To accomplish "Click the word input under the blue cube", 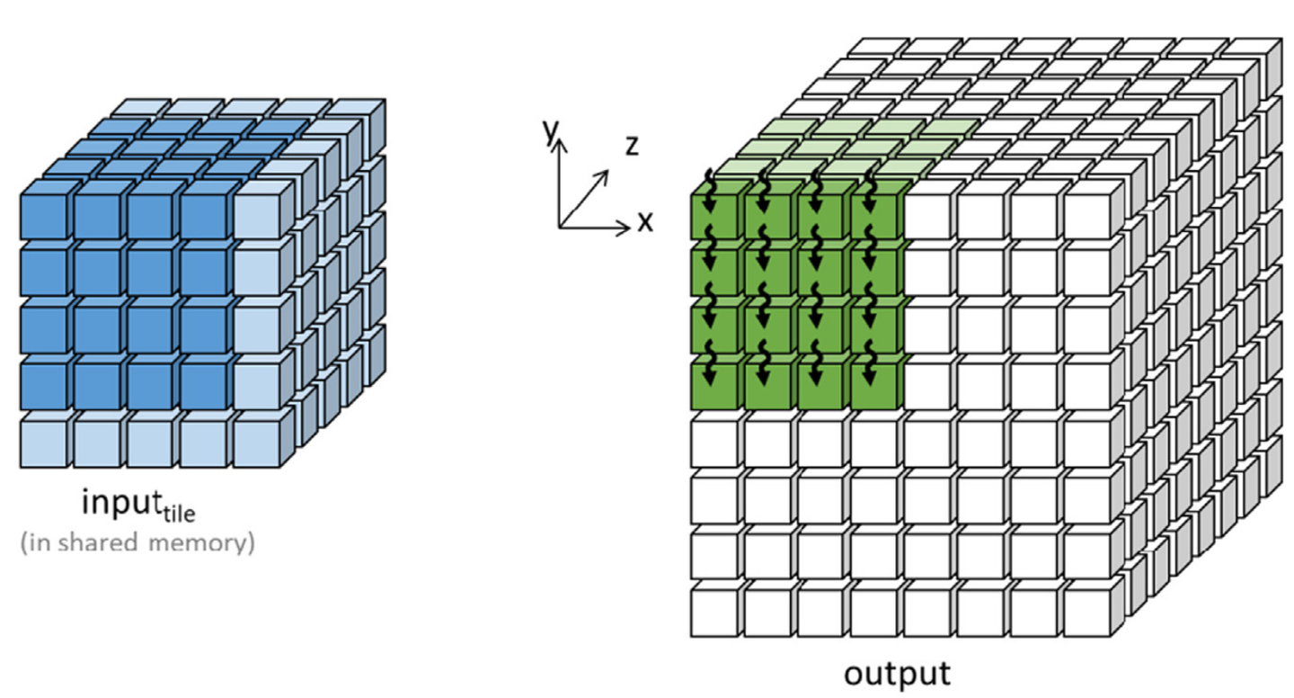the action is coord(120,502).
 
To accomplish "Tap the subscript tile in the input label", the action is coord(179,513).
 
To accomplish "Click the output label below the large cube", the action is coord(897,675).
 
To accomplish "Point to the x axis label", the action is coord(645,222).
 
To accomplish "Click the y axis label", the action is coord(551,132).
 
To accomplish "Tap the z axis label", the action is coord(633,146).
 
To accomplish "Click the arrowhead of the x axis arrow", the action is coord(624,228).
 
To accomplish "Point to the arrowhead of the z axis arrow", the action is coord(604,174).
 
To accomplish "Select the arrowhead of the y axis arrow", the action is coord(559,145).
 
